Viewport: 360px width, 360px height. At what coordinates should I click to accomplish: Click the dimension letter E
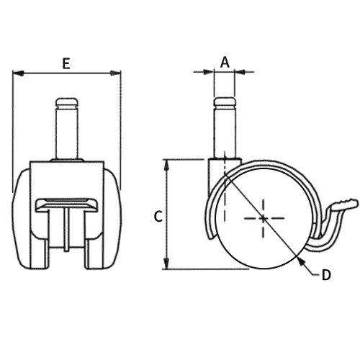pyautogui.click(x=66, y=63)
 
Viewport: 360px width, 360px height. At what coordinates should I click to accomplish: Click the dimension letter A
pyautogui.click(x=225, y=63)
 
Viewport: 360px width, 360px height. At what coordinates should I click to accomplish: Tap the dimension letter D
pyautogui.click(x=325, y=274)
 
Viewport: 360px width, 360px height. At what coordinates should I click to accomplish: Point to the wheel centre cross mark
pyautogui.click(x=264, y=218)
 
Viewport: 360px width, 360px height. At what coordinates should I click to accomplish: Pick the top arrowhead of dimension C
pyautogui.click(x=168, y=163)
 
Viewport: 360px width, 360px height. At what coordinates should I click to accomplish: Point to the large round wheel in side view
pyautogui.click(x=264, y=218)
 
